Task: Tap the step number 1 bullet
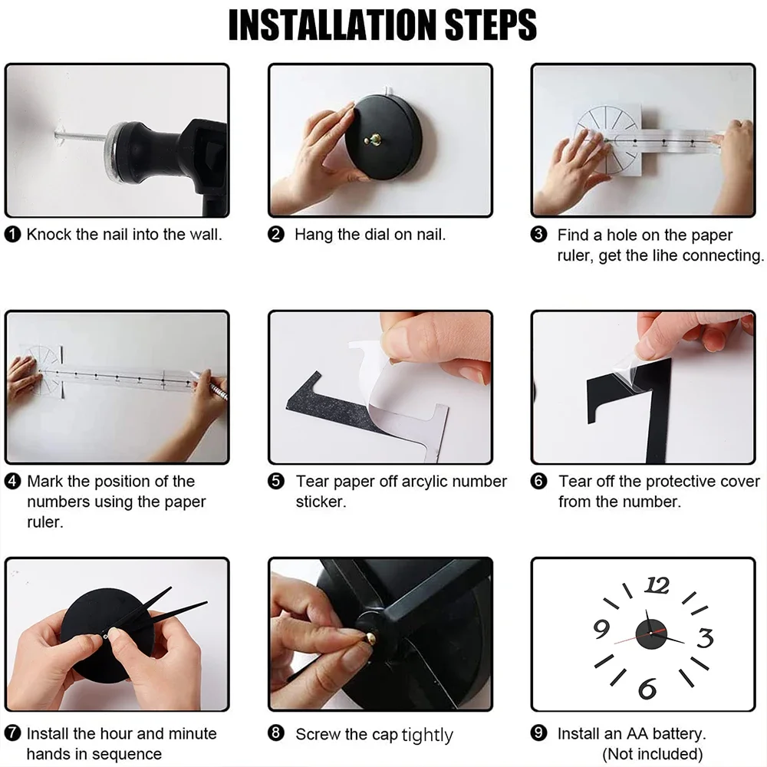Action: tap(12, 234)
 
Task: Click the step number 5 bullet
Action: tap(276, 482)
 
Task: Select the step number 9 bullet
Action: tap(538, 733)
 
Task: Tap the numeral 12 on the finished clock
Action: tap(657, 585)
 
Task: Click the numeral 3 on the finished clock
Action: tap(705, 637)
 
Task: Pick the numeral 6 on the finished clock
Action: tap(647, 688)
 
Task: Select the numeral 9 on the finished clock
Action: tap(601, 629)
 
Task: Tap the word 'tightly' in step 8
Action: tap(427, 735)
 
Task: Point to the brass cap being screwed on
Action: tap(370, 637)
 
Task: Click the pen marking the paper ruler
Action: tap(209, 386)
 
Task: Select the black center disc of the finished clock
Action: tap(651, 634)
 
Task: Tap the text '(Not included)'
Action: tap(652, 754)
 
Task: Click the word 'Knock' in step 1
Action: tap(49, 234)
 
